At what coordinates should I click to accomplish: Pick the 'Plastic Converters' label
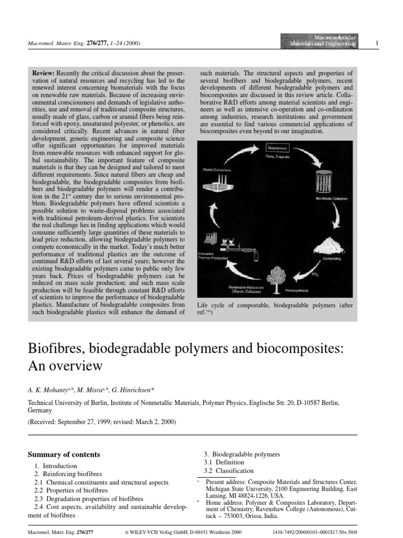[x=217, y=169]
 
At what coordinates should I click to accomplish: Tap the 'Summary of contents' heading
[x=63, y=454]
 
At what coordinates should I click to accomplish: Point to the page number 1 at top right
[x=377, y=43]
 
